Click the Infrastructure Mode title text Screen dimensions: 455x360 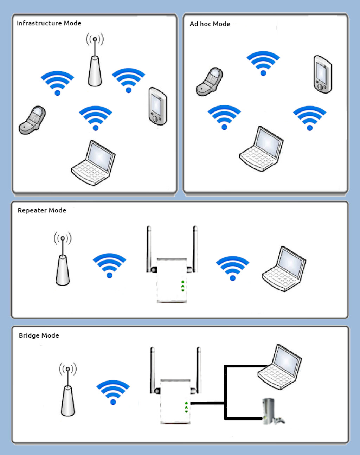click(x=49, y=23)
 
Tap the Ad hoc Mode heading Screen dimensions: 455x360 click(x=210, y=24)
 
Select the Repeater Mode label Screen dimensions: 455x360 click(x=42, y=210)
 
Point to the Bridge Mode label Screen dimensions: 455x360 click(x=39, y=335)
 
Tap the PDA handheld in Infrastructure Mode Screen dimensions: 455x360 click(x=157, y=106)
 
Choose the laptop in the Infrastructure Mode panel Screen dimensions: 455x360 click(x=94, y=164)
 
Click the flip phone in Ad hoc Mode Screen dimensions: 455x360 click(x=210, y=82)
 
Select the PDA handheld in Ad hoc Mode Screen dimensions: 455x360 click(x=322, y=75)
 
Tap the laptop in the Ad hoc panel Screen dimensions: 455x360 click(x=262, y=149)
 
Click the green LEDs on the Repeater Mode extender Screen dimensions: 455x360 click(x=183, y=286)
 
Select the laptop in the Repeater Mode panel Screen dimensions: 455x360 click(x=284, y=269)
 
